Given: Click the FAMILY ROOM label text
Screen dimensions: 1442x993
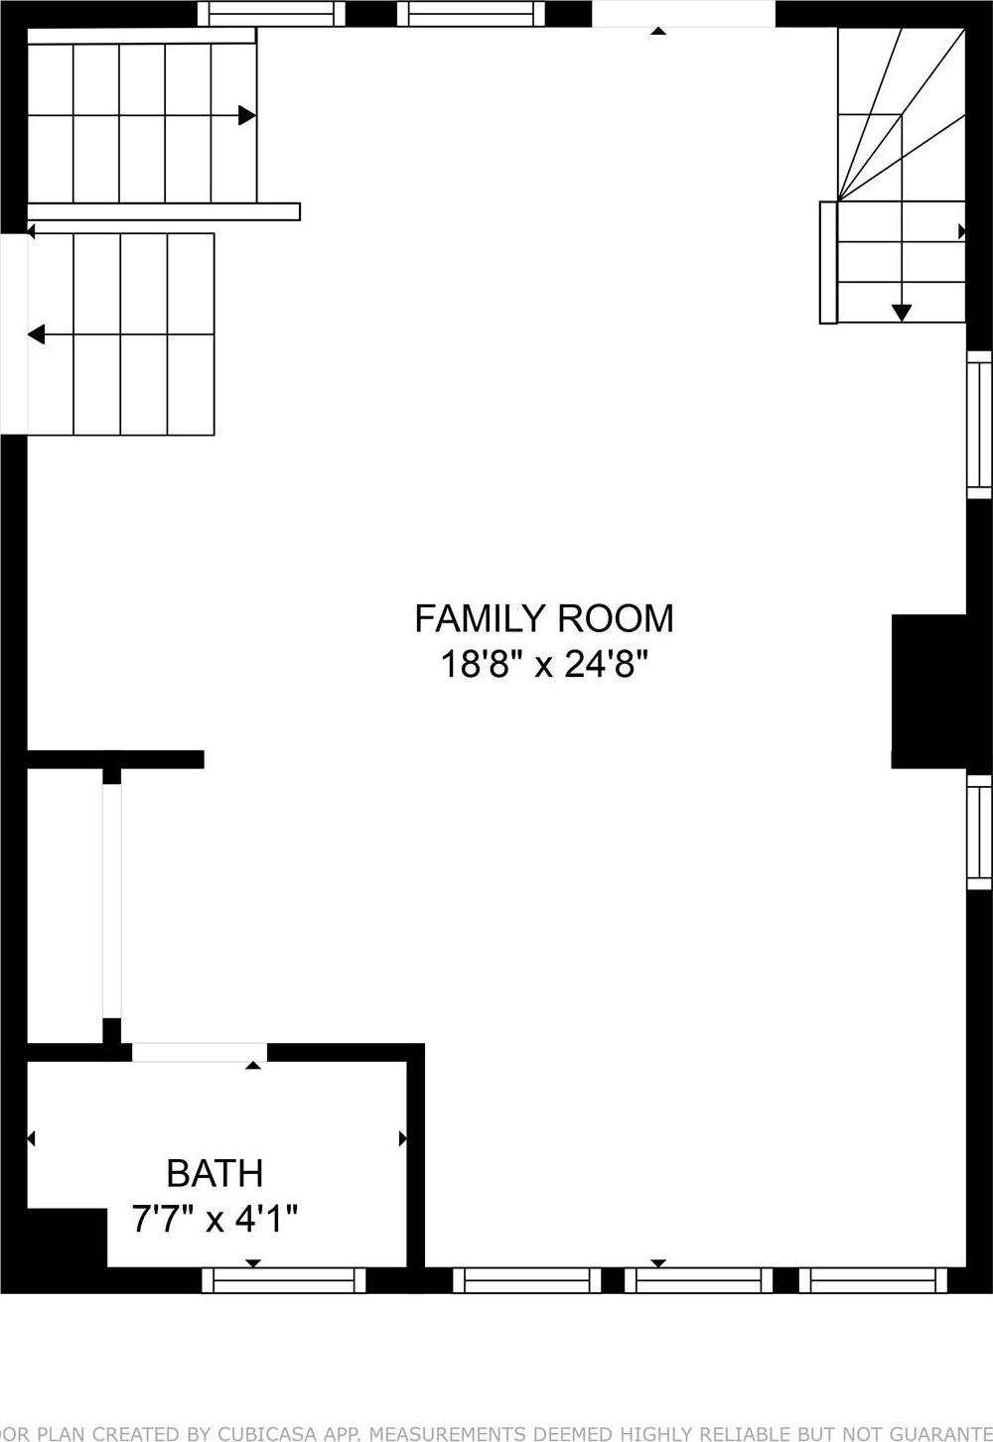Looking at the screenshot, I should (x=543, y=618).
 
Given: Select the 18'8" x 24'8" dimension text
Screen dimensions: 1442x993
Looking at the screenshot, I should (x=543, y=664).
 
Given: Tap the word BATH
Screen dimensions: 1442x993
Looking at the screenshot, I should (x=214, y=1173).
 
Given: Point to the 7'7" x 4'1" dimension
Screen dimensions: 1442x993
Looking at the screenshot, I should (x=214, y=1218).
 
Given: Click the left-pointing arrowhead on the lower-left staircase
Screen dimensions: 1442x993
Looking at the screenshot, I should (x=37, y=334).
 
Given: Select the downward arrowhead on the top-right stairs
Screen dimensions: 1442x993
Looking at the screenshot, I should (x=901, y=312).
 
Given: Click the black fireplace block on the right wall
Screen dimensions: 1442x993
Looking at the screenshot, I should (x=929, y=691).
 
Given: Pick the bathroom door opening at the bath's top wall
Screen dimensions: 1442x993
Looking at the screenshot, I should (x=199, y=1052).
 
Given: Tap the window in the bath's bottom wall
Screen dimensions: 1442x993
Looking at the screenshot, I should (x=284, y=1280).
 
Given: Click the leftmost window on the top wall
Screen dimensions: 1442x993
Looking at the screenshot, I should (x=271, y=14).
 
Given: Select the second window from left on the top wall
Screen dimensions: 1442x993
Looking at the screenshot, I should (x=472, y=14).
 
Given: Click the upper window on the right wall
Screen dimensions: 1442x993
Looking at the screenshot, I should (x=979, y=424).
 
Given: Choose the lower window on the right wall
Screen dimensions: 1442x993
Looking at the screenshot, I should (x=979, y=832).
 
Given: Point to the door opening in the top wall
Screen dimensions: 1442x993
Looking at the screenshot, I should (x=683, y=14).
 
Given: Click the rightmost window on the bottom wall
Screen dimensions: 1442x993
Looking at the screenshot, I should (x=874, y=1280).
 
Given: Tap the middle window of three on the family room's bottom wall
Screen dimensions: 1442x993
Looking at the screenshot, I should (x=699, y=1280).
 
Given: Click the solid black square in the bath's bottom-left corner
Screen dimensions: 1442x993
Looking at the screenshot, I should (x=67, y=1238).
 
